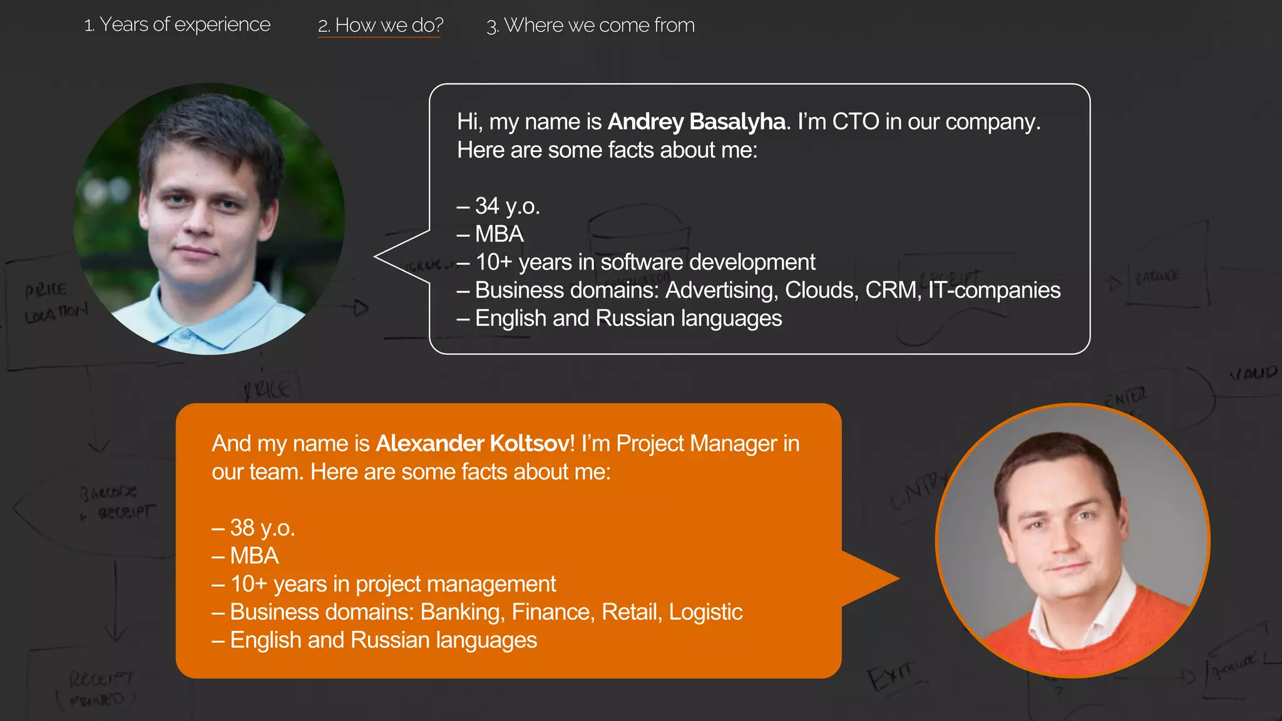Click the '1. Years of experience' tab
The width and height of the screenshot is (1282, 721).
coord(177,25)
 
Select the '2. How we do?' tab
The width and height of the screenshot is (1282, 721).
coord(380,26)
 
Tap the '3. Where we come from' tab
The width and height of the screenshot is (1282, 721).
coord(590,26)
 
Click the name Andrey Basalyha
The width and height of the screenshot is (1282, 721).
coord(696,121)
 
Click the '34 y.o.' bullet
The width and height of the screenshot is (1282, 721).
coord(507,206)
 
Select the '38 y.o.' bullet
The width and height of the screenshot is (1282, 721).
coord(262,528)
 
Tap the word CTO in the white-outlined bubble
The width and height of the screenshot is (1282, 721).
coord(855,121)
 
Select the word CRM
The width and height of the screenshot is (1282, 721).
coord(893,290)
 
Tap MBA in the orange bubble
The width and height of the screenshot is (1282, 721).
coord(254,556)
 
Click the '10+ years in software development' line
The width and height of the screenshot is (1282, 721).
coord(645,262)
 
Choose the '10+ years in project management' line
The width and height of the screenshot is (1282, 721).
coord(392,584)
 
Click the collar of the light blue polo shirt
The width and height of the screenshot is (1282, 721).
coord(188,332)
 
